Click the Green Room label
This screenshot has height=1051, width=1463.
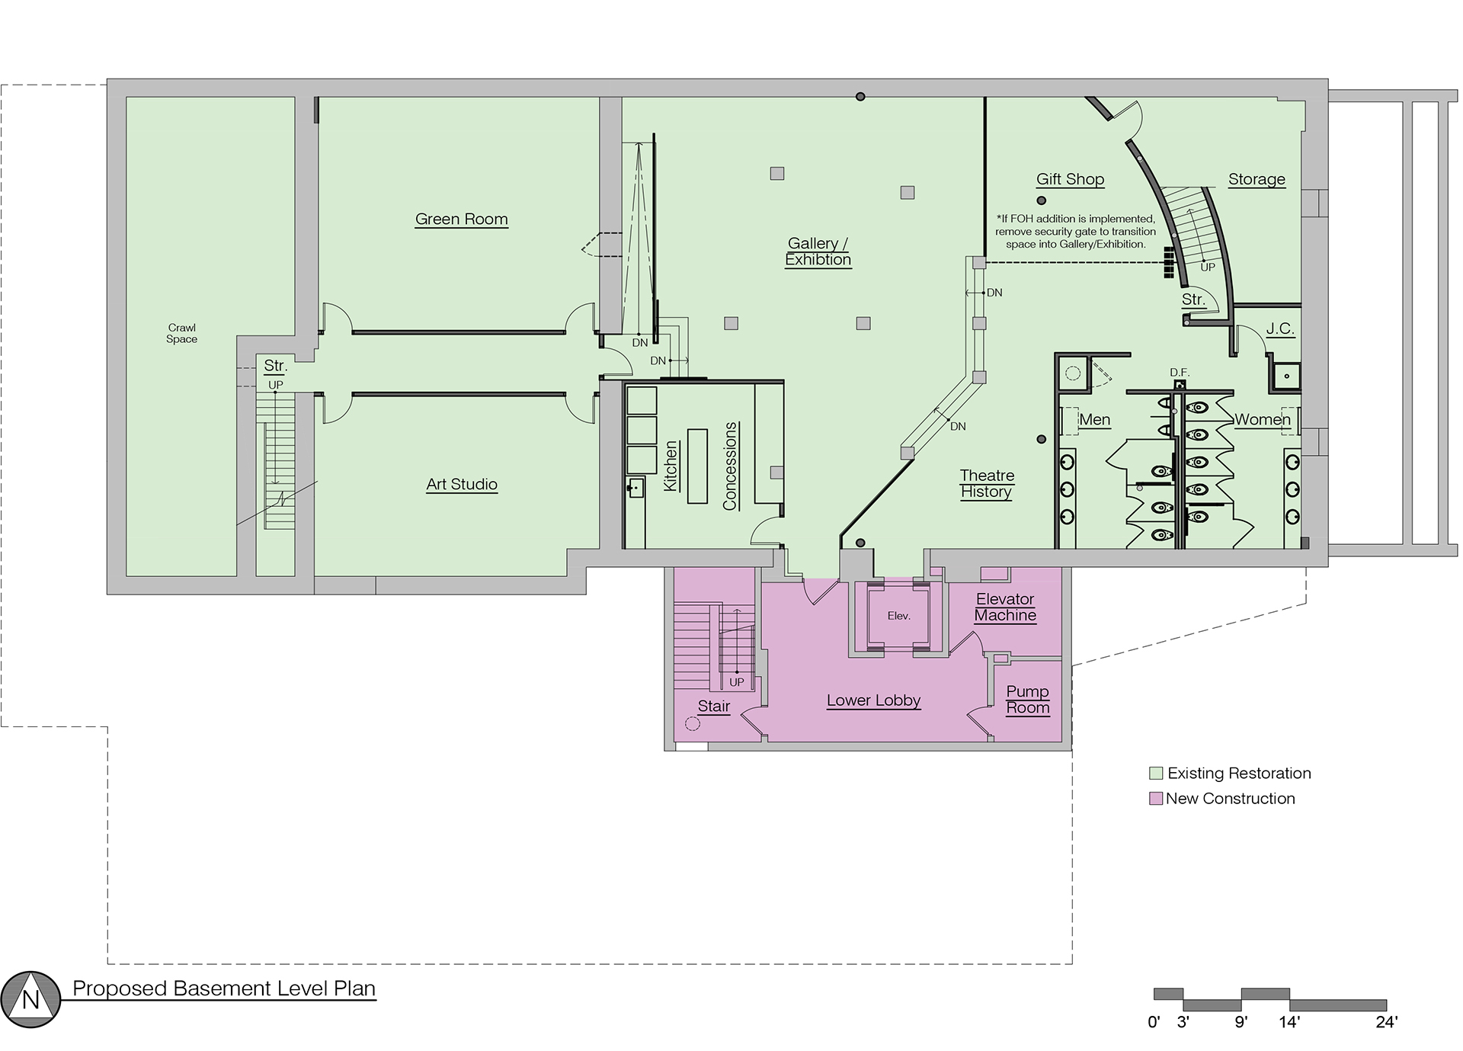461,219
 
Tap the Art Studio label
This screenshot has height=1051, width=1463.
462,485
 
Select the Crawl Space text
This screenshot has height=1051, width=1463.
181,334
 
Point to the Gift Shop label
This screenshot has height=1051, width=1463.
1070,180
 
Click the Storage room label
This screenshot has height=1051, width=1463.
1257,180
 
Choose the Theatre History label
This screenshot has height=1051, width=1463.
987,484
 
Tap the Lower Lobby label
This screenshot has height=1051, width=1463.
873,700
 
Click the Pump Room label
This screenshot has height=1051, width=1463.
1028,700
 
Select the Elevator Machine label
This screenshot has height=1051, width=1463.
1005,607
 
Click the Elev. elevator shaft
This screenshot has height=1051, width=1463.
899,616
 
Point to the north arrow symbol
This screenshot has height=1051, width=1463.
30,999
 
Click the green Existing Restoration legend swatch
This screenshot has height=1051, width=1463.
1156,774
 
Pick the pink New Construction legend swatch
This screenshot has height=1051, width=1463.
1156,799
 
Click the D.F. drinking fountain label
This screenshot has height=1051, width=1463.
1180,373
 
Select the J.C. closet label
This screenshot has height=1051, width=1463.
1280,329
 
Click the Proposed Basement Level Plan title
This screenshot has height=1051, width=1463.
224,989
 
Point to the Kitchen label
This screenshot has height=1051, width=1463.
671,466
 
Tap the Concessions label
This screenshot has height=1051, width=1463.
730,466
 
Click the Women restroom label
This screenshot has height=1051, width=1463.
1263,420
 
